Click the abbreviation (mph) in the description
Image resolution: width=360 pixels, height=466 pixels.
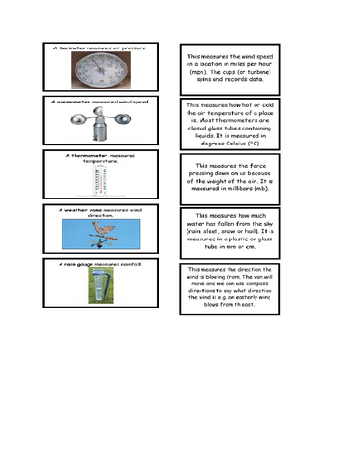point(193,72)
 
